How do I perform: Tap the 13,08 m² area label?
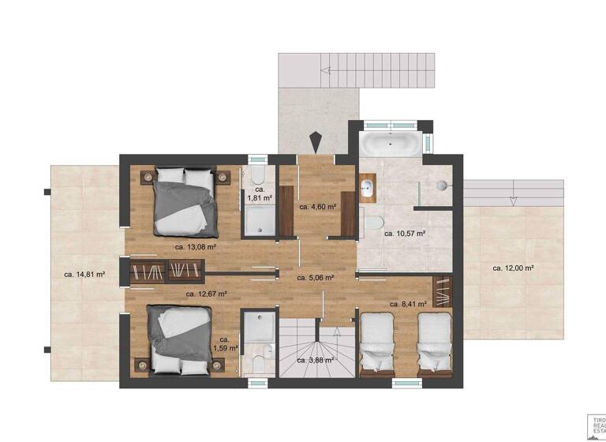point(195,246)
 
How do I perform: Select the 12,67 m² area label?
point(206,294)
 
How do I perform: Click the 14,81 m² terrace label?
point(84,275)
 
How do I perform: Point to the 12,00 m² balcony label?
point(514,268)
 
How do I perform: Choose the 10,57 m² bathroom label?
point(405,234)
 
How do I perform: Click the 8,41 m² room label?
point(409,303)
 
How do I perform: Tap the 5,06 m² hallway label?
point(315,278)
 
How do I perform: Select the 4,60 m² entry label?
point(318,207)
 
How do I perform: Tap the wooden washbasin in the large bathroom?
point(368,188)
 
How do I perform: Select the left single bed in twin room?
point(377,342)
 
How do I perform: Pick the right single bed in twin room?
point(433,342)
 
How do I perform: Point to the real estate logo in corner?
point(597,424)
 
